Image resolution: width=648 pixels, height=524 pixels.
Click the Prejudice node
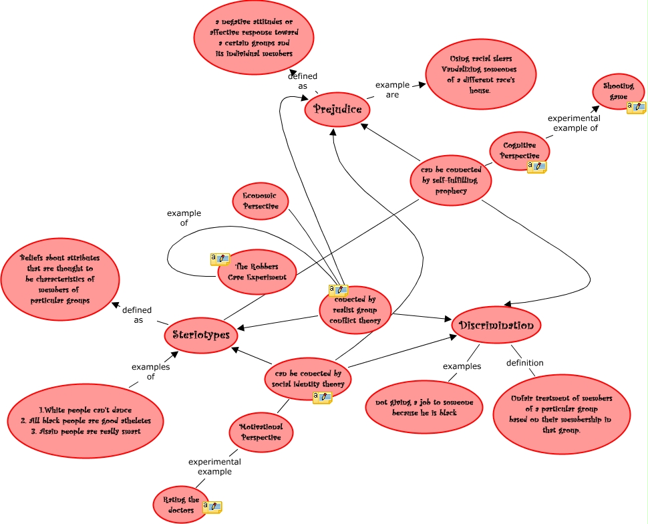[337, 110]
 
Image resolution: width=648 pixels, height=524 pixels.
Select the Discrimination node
[496, 325]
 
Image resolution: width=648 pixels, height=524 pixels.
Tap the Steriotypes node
[201, 335]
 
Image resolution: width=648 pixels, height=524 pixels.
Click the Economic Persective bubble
[261, 201]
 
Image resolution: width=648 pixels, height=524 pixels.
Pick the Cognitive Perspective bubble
[520, 150]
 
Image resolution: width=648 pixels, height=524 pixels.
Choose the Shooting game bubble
[618, 92]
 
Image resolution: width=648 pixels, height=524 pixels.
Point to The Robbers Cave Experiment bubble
[257, 271]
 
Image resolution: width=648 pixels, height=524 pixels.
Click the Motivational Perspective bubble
[261, 432]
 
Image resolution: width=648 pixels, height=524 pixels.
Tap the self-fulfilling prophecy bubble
[451, 180]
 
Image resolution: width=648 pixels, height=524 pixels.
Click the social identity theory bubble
[308, 379]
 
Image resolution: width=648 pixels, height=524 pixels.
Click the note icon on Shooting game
[636, 108]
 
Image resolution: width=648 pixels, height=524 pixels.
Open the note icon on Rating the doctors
[212, 508]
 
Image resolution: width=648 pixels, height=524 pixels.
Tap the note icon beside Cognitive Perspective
[536, 167]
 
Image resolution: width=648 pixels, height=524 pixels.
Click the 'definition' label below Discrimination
[524, 363]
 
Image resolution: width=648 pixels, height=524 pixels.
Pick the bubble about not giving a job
[424, 407]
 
